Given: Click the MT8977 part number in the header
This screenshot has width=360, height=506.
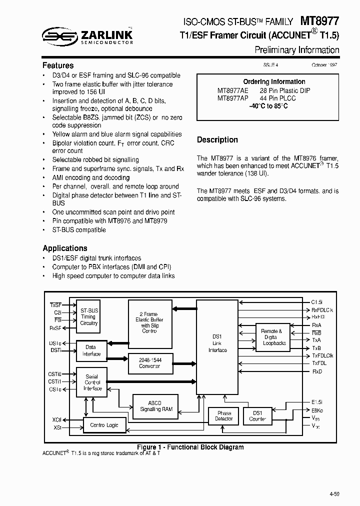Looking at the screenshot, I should click(319, 20).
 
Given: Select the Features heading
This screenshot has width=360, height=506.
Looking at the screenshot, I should click(58, 65).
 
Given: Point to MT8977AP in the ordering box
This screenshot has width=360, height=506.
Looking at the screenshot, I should click(233, 98).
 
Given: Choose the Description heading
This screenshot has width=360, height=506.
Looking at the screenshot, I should click(217, 140).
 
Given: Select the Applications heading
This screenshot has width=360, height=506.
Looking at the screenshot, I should click(65, 248).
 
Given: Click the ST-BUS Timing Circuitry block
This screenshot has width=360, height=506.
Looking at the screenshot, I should click(89, 317).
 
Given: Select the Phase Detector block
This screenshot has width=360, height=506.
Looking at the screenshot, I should click(223, 415).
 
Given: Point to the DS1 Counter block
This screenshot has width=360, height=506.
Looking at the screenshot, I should click(257, 415).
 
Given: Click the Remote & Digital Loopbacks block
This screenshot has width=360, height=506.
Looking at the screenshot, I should click(274, 337).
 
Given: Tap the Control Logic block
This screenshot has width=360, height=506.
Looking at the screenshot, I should click(104, 424).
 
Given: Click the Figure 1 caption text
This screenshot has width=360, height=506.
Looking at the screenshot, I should click(190, 447).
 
